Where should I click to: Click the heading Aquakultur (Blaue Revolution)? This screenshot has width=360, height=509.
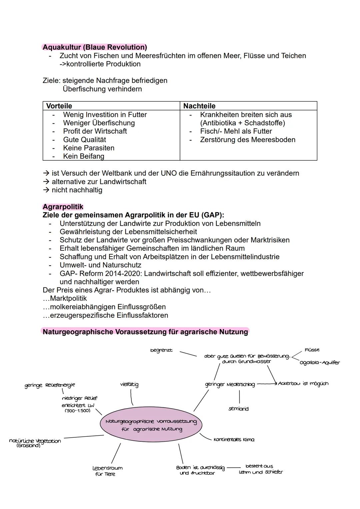pos(95,47)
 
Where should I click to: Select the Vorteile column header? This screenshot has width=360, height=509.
pos(59,106)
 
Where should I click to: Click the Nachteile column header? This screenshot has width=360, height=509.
pos(199,106)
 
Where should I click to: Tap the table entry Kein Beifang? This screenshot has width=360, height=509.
pos(83,156)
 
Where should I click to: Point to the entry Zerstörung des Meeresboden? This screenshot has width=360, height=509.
pos(247,140)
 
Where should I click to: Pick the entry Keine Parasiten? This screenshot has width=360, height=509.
pos(88,148)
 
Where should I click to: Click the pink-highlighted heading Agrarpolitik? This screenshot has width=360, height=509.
pos(63,207)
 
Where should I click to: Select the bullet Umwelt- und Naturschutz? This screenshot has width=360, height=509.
pos(100,265)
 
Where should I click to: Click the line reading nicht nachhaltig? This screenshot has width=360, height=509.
pos(77,190)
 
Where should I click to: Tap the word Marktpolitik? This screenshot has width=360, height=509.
pos(68,298)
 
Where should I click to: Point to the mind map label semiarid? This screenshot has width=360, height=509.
pos(238,409)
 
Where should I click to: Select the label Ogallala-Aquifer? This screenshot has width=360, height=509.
pos(319,363)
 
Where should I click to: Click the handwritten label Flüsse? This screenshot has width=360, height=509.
pos(312,350)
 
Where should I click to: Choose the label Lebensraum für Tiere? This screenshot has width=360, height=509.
pos(107,471)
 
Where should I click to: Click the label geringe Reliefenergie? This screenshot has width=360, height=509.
pos(50,385)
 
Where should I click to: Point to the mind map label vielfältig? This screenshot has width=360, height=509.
pos(129,384)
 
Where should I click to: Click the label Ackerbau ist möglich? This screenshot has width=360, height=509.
pos(303,384)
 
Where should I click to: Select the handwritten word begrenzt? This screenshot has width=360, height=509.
pos(161,350)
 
